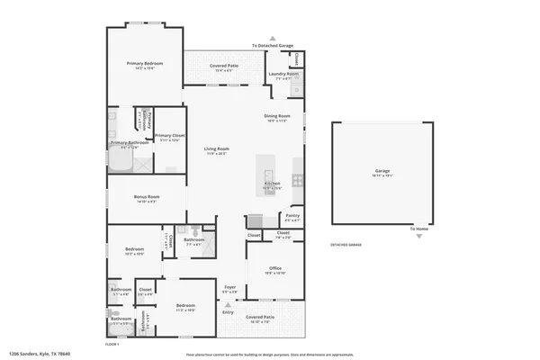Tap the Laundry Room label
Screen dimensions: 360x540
tap(286, 74)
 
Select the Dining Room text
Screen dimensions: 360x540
tap(277, 116)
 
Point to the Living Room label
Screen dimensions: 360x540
tap(216, 148)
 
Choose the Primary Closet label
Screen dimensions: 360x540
tap(169, 136)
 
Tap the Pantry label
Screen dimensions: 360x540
tap(292, 215)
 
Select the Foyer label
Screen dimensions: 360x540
tap(229, 287)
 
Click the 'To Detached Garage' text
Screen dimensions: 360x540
tap(274, 45)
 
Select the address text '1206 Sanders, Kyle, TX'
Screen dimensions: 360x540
tap(39, 354)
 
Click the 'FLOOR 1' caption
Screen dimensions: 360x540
tap(112, 344)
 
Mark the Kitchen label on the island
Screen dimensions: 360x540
tap(272, 184)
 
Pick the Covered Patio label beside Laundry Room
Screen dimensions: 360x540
tap(224, 66)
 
